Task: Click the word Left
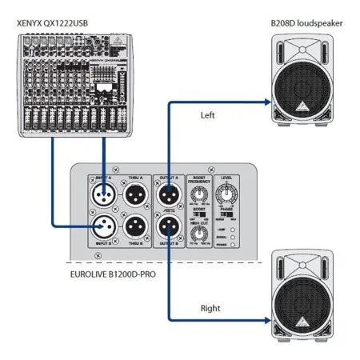point(208,116)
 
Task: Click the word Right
point(210,306)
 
